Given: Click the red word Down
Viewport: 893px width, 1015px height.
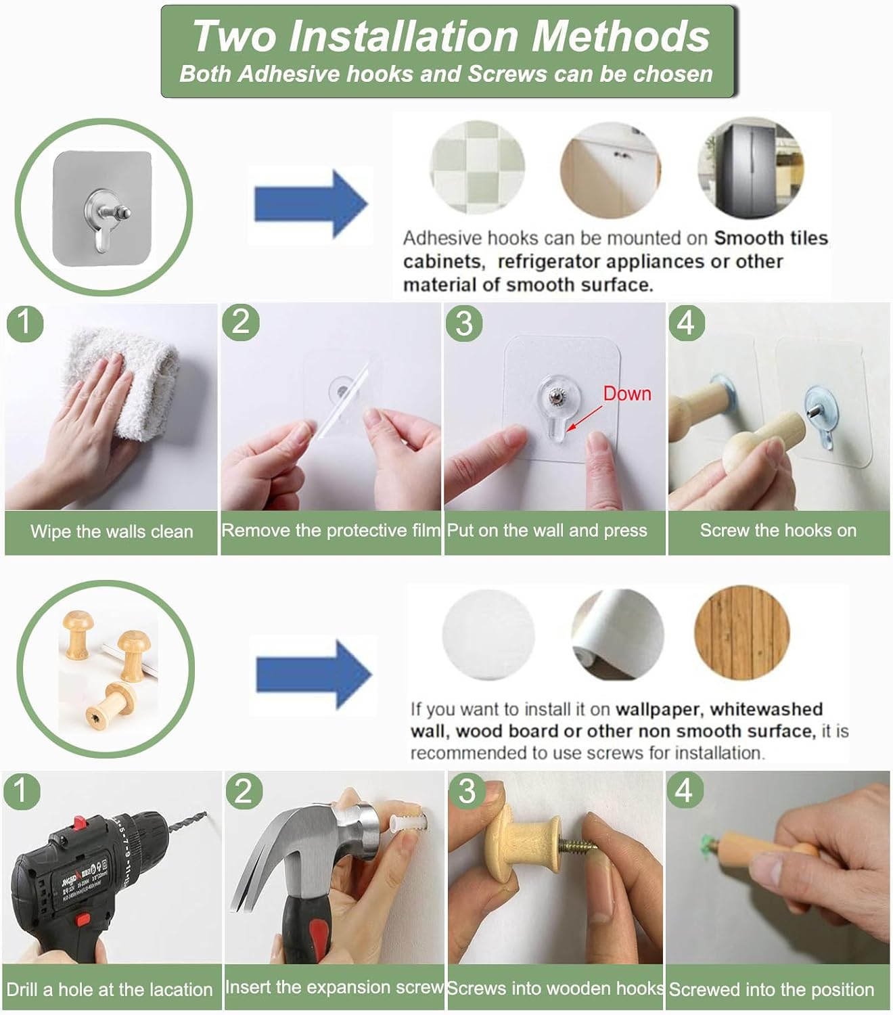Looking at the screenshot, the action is pyautogui.click(x=627, y=394).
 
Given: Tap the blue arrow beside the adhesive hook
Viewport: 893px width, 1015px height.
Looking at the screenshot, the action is pyautogui.click(x=311, y=204).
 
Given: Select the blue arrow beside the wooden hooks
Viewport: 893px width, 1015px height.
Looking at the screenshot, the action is pyautogui.click(x=314, y=675).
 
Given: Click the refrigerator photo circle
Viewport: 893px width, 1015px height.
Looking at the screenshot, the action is pyautogui.click(x=751, y=168).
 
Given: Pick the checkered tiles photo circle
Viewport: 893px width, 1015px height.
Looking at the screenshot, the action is pyautogui.click(x=478, y=167).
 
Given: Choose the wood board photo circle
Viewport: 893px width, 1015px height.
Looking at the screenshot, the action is pyautogui.click(x=741, y=633).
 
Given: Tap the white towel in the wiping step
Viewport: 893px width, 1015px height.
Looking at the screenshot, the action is pyautogui.click(x=125, y=381).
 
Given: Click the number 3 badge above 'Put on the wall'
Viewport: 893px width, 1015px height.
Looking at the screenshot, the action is pyautogui.click(x=464, y=323).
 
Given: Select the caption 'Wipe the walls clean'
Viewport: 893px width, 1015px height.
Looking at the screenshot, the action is pyautogui.click(x=112, y=532).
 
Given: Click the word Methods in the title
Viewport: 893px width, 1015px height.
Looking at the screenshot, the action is pyautogui.click(x=620, y=36).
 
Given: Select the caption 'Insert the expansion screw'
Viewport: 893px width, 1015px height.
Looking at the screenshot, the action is pyautogui.click(x=334, y=987).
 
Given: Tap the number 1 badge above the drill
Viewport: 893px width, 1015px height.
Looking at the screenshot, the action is pyautogui.click(x=22, y=791).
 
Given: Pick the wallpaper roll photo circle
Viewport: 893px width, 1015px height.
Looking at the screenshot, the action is pyautogui.click(x=618, y=634).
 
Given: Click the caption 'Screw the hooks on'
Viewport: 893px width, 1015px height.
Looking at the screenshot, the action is pyautogui.click(x=778, y=530).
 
